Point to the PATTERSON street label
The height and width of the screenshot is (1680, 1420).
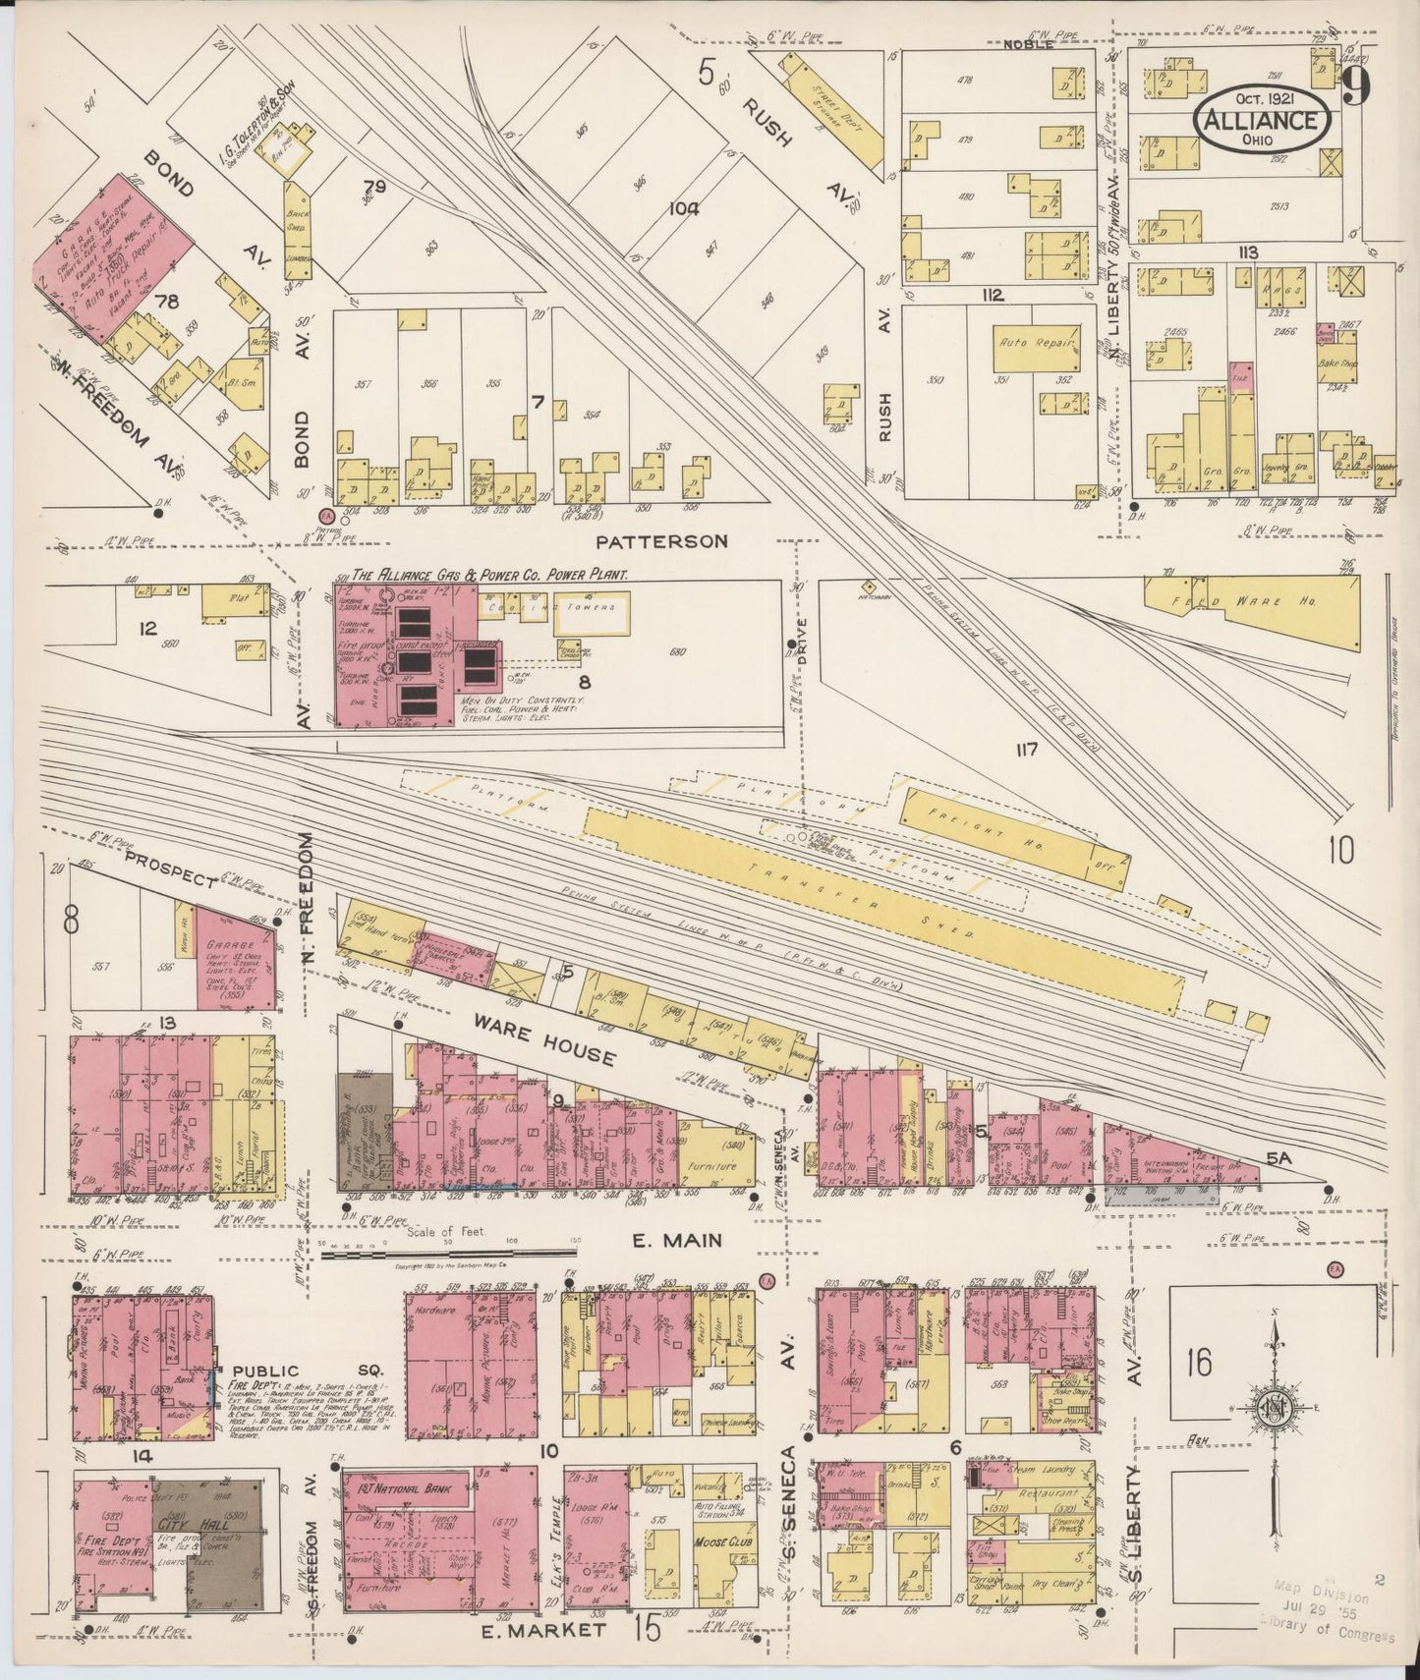662,541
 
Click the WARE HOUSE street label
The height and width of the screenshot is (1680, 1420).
546,1039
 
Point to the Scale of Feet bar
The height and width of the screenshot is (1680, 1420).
449,1253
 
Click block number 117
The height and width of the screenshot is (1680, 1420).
1027,751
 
